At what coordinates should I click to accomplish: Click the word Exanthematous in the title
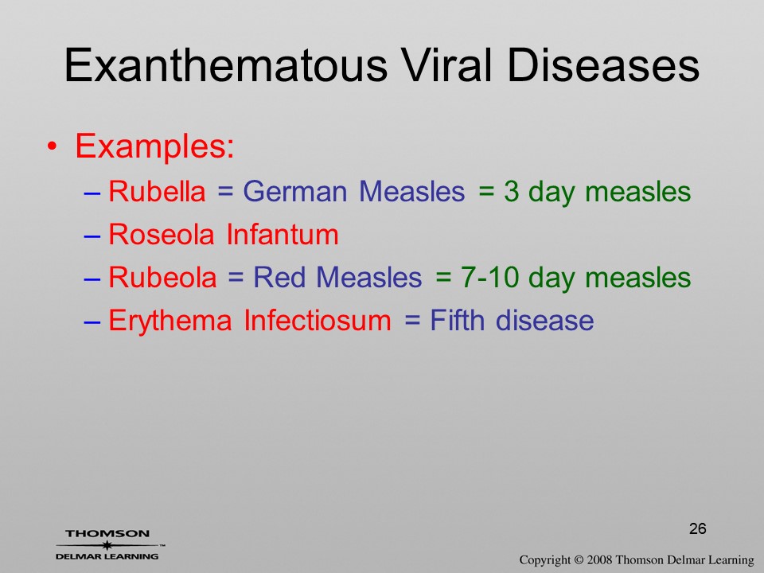pyautogui.click(x=226, y=65)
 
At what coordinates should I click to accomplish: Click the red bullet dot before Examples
pyautogui.click(x=53, y=146)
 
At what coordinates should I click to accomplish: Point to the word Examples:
pyautogui.click(x=155, y=146)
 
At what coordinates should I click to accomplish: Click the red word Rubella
pyautogui.click(x=157, y=191)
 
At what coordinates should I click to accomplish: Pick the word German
pyautogui.click(x=294, y=192)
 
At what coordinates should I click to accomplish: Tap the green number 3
pyautogui.click(x=511, y=191)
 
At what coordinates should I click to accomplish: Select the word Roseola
pyautogui.click(x=162, y=234)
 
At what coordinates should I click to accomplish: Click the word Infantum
pyautogui.click(x=283, y=234)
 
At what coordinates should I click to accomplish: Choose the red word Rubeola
pyautogui.click(x=162, y=277)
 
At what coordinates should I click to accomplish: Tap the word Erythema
pyautogui.click(x=170, y=321)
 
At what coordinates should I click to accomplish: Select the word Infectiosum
pyautogui.click(x=318, y=320)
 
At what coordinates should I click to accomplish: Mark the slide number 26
pyautogui.click(x=698, y=528)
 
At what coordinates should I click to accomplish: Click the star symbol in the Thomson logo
pyautogui.click(x=107, y=545)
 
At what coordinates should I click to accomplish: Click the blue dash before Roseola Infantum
pyautogui.click(x=92, y=236)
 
